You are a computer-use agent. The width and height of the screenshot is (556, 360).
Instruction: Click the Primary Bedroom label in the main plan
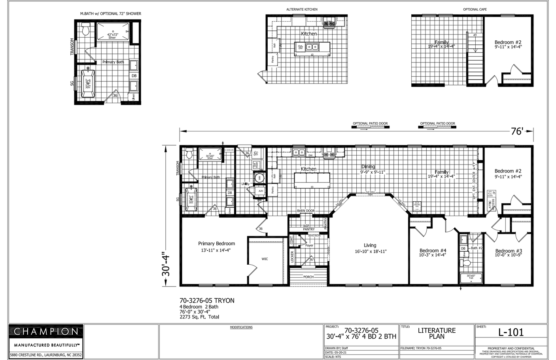click(x=216, y=244)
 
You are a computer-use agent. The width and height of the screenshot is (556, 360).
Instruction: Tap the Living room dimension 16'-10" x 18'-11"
click(x=370, y=251)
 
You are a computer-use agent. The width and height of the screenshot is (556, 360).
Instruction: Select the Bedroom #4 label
click(x=433, y=250)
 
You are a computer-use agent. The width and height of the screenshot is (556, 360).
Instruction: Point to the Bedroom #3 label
click(x=509, y=251)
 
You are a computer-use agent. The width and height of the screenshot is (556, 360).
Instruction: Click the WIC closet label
click(x=265, y=259)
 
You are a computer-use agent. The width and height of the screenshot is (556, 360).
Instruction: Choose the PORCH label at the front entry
click(x=308, y=277)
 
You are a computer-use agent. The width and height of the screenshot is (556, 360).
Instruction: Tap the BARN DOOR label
click(x=306, y=211)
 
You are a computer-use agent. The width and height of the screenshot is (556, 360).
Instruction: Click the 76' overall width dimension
click(x=517, y=131)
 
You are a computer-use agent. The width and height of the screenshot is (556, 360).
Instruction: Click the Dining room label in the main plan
click(x=368, y=167)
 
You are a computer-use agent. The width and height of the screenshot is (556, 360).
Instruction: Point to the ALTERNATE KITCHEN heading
click(x=302, y=9)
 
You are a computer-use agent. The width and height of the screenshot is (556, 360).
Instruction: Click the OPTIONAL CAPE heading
click(x=475, y=9)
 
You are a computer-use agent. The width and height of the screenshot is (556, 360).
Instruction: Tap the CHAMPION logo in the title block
click(x=46, y=332)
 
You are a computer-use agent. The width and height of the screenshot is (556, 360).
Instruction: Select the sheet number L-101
click(x=511, y=333)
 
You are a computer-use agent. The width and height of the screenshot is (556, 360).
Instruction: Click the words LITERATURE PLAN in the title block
click(x=437, y=333)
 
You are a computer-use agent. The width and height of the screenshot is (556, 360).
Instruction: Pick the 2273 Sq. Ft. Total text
click(x=199, y=317)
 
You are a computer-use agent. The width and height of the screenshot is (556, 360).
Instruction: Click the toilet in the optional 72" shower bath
click(x=85, y=29)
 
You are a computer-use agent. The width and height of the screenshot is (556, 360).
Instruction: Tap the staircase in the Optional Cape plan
click(x=475, y=59)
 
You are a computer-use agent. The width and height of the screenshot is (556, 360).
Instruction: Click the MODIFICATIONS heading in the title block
click(x=241, y=327)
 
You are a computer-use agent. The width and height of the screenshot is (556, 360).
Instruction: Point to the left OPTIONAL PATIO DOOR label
click(x=370, y=123)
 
